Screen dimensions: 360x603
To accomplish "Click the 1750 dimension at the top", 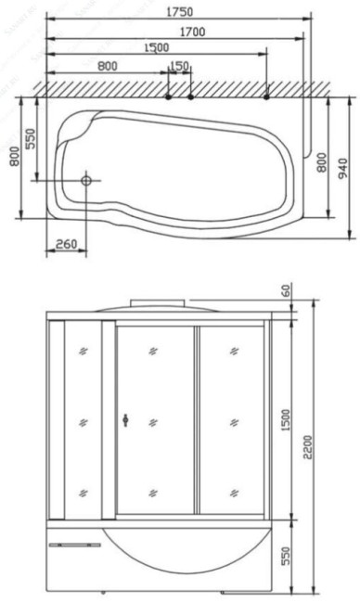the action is [180, 12].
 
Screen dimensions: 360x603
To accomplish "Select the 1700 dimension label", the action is [193, 32].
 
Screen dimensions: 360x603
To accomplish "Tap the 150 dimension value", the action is [179, 66].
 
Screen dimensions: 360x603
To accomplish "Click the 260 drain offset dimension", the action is [67, 244].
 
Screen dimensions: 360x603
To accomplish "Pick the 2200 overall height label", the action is [308, 447].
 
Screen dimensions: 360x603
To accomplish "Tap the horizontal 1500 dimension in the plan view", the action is [156, 47].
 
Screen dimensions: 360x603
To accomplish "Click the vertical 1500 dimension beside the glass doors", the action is [286, 420].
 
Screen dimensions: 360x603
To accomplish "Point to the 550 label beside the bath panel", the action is [286, 556].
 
